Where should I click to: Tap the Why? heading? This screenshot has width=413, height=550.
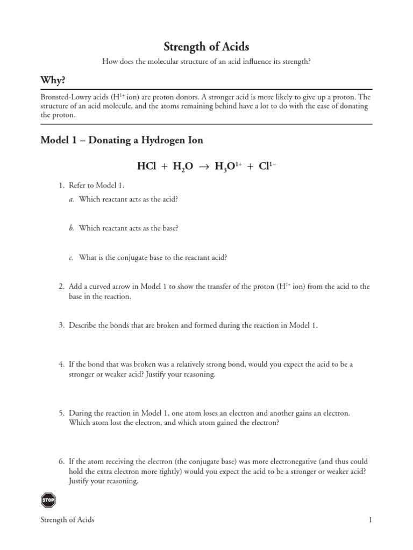53,81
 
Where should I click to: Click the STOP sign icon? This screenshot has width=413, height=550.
48,500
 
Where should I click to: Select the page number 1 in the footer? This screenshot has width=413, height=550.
370,520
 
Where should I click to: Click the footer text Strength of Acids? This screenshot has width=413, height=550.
68,520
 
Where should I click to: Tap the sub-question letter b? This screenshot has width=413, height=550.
71,228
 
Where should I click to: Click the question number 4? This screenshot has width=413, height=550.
61,364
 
